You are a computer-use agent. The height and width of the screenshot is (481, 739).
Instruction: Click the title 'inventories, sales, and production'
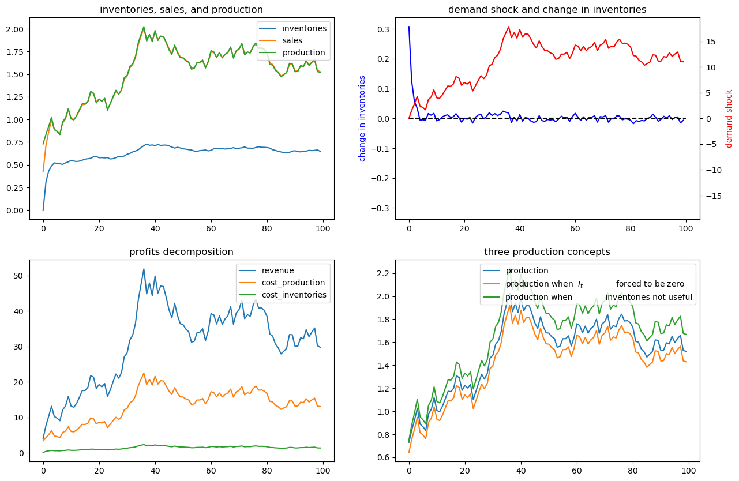[x=182, y=10]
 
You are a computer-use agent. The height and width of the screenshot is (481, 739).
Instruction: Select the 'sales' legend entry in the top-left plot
[x=292, y=40]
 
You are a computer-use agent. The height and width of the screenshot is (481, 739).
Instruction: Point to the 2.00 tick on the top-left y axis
[x=15, y=29]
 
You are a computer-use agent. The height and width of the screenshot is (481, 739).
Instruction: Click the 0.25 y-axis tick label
[x=15, y=187]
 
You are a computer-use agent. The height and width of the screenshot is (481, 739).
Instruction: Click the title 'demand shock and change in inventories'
[x=547, y=10]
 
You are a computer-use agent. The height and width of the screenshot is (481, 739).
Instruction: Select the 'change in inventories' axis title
[x=362, y=119]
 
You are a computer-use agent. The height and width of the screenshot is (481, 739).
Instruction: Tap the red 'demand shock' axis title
[x=729, y=119]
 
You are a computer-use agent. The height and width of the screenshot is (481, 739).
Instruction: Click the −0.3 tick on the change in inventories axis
[x=380, y=208]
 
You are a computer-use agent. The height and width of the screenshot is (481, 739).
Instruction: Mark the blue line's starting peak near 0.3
[x=409, y=27]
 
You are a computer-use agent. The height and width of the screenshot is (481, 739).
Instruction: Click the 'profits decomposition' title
[x=182, y=251]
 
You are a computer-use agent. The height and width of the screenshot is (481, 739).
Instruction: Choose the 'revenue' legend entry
[x=278, y=270]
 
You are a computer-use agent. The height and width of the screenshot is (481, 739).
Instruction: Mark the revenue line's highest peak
[x=144, y=269]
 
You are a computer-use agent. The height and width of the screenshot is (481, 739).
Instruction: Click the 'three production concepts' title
[x=547, y=251]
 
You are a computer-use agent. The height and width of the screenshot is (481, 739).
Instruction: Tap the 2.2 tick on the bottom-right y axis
[x=384, y=274]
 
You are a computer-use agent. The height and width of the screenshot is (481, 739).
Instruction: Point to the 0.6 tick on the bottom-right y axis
[x=384, y=458]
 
